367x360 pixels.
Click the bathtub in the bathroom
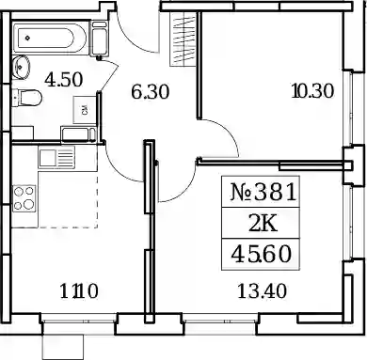pos(50,38)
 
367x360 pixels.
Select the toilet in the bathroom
pos(27,98)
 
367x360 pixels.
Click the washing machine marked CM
pos(85,110)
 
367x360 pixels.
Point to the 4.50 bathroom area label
pos(64,80)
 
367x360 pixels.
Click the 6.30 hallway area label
pos(151,92)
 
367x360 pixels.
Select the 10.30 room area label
pos(312,91)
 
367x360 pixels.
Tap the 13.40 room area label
pos(262,291)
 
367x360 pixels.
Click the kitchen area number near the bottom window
pos(79,291)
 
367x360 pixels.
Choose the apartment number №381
pos(263,192)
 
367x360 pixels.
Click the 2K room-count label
pos(263,224)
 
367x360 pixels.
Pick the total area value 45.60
pos(262,254)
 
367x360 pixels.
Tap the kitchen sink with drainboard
pos(56,157)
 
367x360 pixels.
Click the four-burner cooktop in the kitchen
pos(24,198)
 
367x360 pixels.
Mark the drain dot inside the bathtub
pos(28,38)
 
